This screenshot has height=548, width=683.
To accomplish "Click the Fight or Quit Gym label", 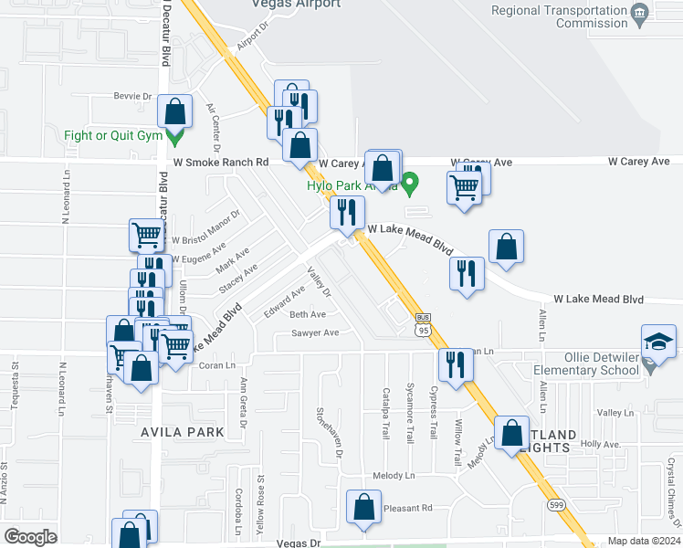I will pyautogui.click(x=113, y=136).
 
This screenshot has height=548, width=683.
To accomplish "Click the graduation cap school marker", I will pyautogui.click(x=657, y=342).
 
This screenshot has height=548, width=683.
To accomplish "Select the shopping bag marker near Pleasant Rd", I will pyautogui.click(x=363, y=508).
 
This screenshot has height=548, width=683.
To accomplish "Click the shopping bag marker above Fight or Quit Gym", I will pyautogui.click(x=174, y=112).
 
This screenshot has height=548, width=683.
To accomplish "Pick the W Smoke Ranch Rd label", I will pyautogui.click(x=221, y=162).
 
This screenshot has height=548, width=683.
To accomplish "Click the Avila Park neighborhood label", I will pyautogui.click(x=180, y=431).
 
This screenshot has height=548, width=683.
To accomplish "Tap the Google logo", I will pyautogui.click(x=30, y=537).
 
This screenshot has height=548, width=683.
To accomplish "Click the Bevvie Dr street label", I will pyautogui.click(x=132, y=96).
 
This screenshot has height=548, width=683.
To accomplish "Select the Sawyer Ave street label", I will pyautogui.click(x=315, y=333).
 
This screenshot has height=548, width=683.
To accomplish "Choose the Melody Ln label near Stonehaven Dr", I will pyautogui.click(x=394, y=477).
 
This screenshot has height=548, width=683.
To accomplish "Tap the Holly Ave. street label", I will pyautogui.click(x=600, y=444).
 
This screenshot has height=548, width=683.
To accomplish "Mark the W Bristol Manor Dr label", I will pyautogui.click(x=205, y=228).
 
